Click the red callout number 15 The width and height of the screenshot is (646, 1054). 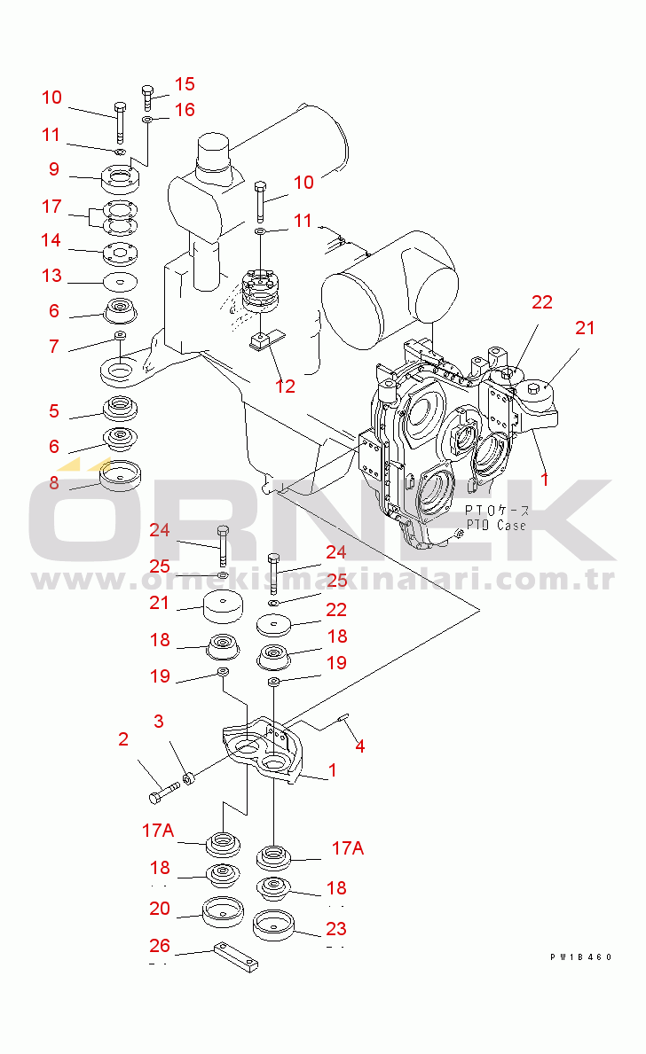(185, 84)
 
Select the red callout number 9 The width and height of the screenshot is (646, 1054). (54, 168)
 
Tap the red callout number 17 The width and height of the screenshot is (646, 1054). (51, 207)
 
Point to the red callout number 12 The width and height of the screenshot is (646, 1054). (286, 386)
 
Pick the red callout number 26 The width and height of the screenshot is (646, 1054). (160, 945)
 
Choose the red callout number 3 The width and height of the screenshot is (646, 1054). (159, 722)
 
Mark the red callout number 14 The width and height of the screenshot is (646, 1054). (51, 240)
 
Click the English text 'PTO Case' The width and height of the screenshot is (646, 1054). (497, 525)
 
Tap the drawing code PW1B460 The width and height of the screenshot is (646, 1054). (580, 957)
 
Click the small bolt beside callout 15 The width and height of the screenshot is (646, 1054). (148, 98)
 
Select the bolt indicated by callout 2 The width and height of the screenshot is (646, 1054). (163, 792)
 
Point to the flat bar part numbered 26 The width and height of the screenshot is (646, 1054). (236, 956)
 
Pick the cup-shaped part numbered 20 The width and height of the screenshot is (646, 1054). (222, 911)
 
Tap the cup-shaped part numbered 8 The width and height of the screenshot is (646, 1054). (121, 475)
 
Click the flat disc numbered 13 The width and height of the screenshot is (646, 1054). (121, 282)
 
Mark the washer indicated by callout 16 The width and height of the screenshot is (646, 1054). (146, 120)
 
